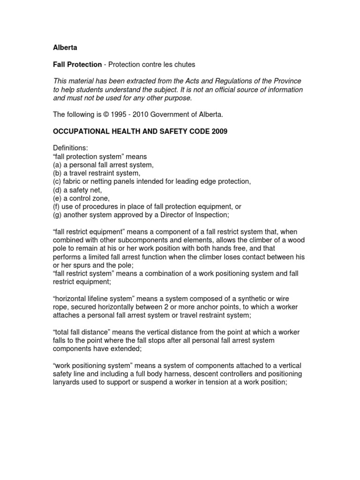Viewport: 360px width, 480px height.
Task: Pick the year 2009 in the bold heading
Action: click(x=219, y=132)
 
